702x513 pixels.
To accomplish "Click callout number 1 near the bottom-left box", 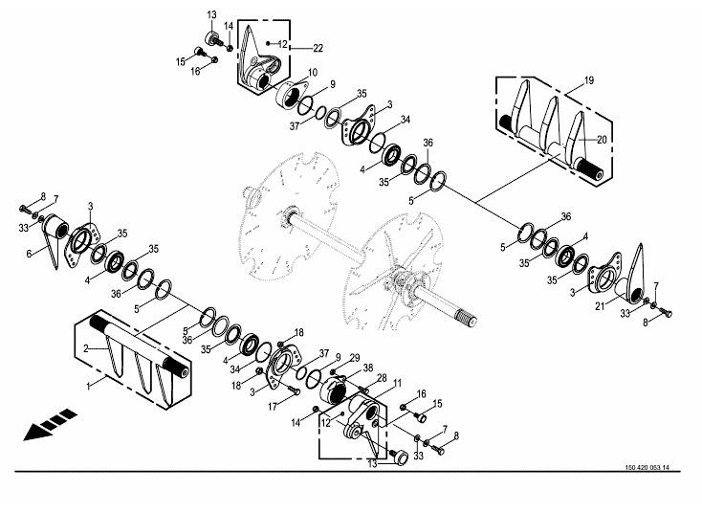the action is pyautogui.click(x=89, y=386).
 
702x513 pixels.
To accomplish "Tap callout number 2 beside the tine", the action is pyautogui.click(x=86, y=348).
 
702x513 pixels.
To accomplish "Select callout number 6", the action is pyautogui.click(x=29, y=254).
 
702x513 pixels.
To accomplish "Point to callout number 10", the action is pyautogui.click(x=313, y=73).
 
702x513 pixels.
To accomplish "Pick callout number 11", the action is pyautogui.click(x=397, y=383).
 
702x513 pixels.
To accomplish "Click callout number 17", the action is pyautogui.click(x=273, y=407).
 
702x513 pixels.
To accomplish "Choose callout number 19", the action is pyautogui.click(x=589, y=80).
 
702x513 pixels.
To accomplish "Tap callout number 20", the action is pyautogui.click(x=602, y=140).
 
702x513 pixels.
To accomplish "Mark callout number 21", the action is pyautogui.click(x=600, y=306).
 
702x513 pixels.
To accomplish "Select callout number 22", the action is pyautogui.click(x=318, y=48).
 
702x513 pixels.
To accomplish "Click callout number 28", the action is pyautogui.click(x=382, y=379).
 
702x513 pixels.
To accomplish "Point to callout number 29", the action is pyautogui.click(x=355, y=358).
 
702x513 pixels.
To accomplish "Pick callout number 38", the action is pyautogui.click(x=368, y=368).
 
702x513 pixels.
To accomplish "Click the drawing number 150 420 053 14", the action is pyautogui.click(x=647, y=468).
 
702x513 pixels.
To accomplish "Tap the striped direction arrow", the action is pyautogui.click(x=50, y=425).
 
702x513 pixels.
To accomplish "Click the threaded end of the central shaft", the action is pyautogui.click(x=469, y=319).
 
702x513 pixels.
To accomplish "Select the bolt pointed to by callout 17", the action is pyautogui.click(x=295, y=390).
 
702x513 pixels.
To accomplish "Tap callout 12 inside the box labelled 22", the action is pyautogui.click(x=282, y=44).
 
